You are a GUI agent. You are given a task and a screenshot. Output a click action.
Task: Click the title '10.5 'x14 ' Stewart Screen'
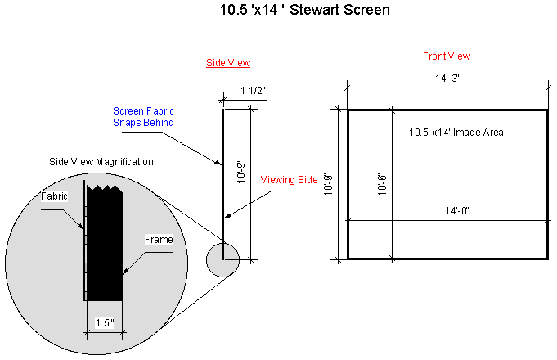click(x=304, y=10)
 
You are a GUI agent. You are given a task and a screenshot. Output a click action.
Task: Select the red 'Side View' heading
click(x=228, y=63)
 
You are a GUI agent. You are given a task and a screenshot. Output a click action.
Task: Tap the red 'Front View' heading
click(x=447, y=56)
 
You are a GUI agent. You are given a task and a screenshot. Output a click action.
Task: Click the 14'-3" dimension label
click(x=447, y=79)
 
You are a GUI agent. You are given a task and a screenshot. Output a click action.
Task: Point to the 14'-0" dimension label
click(x=457, y=211)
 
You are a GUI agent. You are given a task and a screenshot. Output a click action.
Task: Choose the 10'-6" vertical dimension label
click(x=382, y=184)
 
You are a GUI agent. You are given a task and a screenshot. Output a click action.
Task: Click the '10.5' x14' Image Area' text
click(x=456, y=133)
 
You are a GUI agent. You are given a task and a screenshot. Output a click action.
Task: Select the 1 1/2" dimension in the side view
click(x=253, y=91)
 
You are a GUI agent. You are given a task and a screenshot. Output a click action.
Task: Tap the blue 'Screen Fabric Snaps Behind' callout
click(x=143, y=116)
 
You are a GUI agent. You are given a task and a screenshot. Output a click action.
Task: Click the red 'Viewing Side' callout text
click(x=289, y=180)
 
